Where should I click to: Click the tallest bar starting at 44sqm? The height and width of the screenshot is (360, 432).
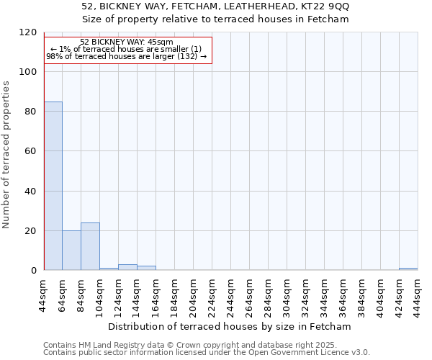tap(53, 186)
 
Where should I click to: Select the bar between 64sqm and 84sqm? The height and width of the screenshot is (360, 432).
tap(71, 251)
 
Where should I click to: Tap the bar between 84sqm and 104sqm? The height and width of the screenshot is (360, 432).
tap(90, 246)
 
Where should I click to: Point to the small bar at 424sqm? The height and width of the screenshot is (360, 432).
tap(408, 269)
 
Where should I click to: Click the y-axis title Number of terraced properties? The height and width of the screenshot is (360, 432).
tap(6, 155)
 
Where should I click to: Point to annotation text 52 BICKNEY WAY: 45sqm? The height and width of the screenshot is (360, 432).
tap(127, 42)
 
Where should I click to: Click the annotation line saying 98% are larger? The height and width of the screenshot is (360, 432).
tap(127, 56)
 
